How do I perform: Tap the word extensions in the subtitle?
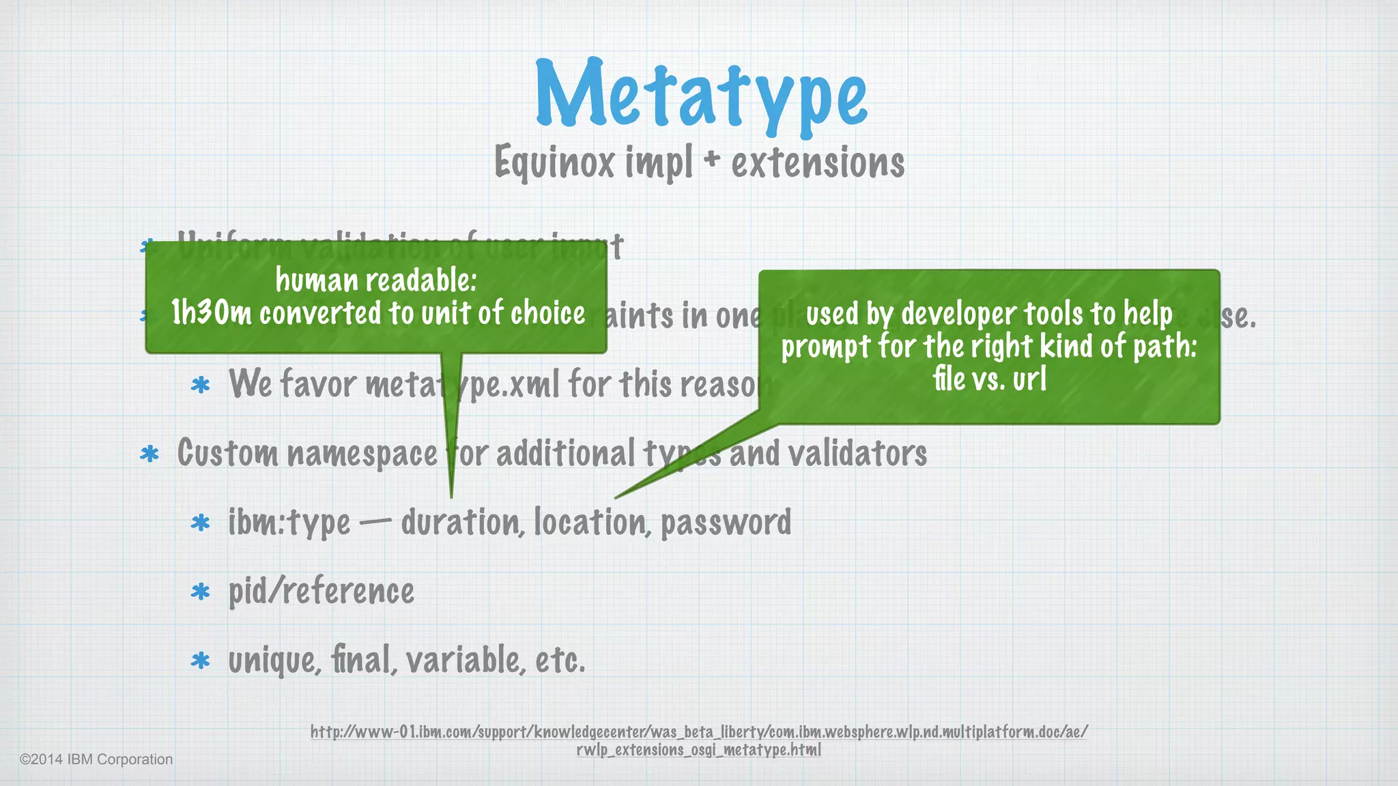[818, 163]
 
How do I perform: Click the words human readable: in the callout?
[376, 280]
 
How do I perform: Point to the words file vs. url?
[989, 379]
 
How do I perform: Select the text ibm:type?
[289, 523]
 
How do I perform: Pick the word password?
[726, 523]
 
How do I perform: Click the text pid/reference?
[322, 591]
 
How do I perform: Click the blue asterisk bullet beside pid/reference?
[201, 592]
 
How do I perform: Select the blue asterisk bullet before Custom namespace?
[149, 454]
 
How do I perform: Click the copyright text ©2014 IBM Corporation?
[96, 759]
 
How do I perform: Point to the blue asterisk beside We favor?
[201, 385]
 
